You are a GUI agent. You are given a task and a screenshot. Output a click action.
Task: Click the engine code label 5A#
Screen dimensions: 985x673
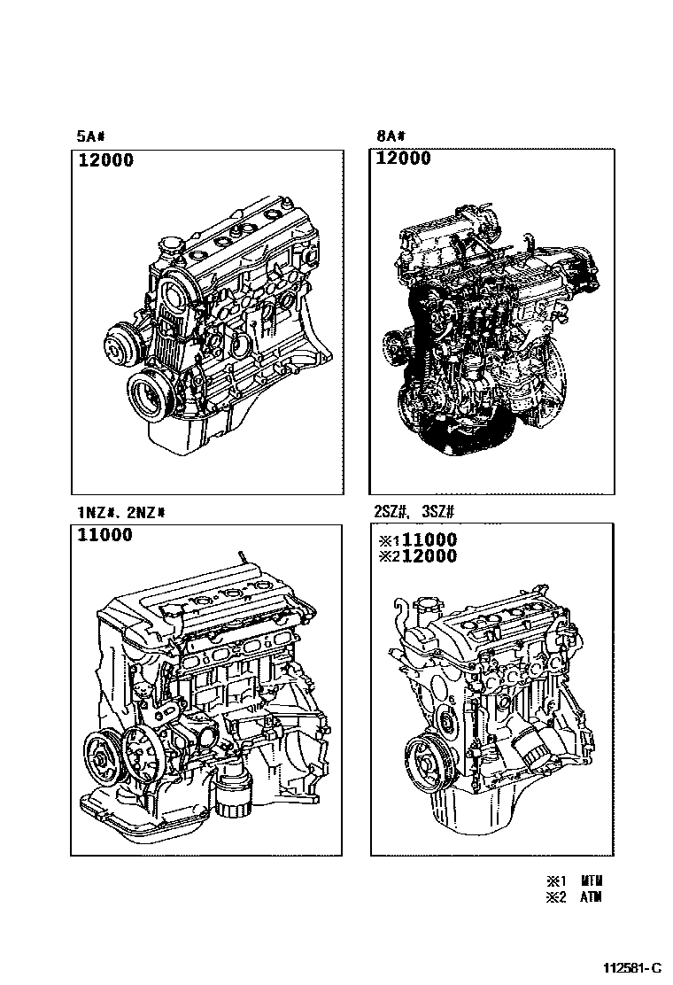[x=91, y=136]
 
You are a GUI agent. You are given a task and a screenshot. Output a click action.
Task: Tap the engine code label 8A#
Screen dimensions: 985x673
[x=390, y=136]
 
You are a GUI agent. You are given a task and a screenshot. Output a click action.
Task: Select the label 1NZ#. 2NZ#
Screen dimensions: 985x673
[x=121, y=513]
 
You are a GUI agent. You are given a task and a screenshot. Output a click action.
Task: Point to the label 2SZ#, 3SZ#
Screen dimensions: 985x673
[x=414, y=513]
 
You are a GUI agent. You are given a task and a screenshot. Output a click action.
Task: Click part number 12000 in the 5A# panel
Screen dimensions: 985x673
[x=105, y=160]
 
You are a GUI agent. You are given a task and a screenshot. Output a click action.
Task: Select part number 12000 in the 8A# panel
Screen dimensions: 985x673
[x=403, y=159]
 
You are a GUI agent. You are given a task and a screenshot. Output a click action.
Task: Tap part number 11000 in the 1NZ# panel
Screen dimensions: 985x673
[x=104, y=535]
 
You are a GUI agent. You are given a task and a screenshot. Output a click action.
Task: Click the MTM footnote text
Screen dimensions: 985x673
[x=592, y=881]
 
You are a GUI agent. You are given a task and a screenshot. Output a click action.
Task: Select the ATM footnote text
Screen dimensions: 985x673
[x=592, y=897]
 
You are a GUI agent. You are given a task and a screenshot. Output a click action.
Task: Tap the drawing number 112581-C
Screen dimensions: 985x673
[x=632, y=967]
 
